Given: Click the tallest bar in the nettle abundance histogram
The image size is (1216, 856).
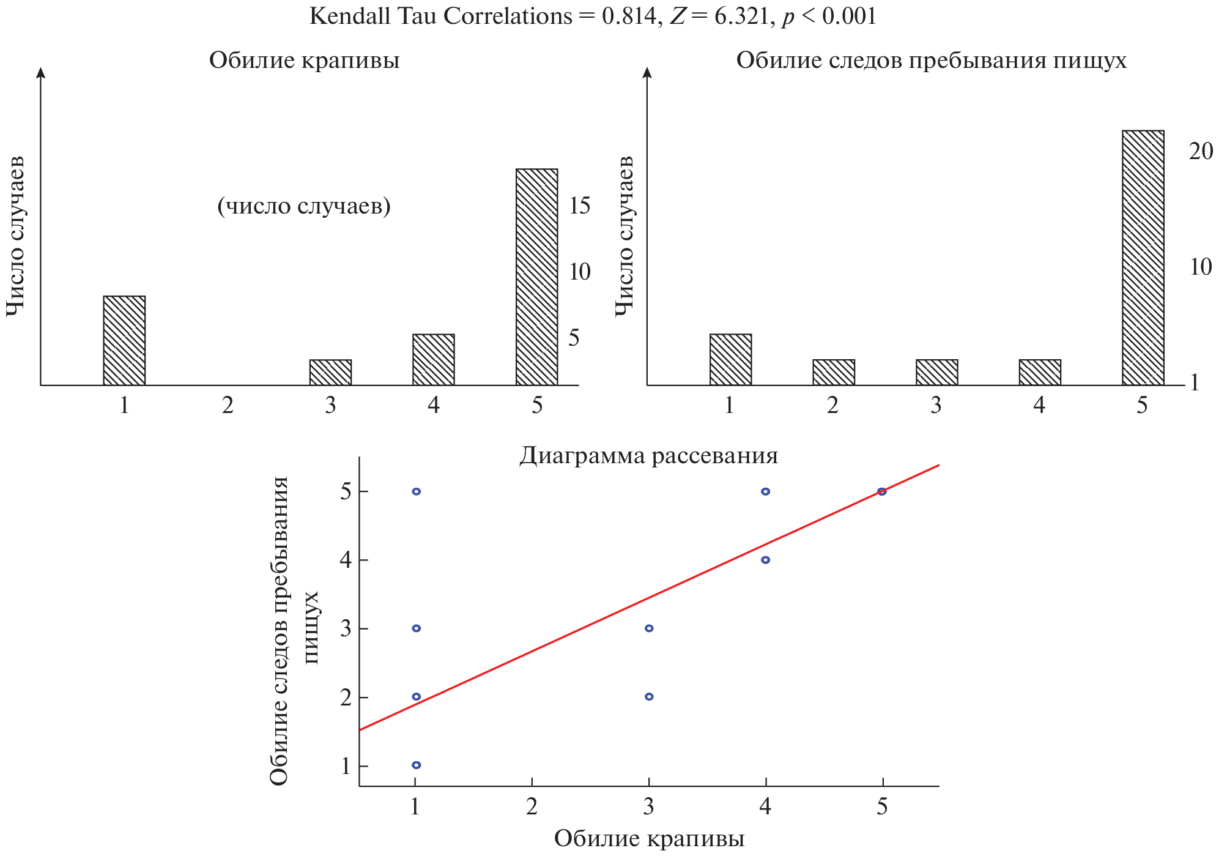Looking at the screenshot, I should [536, 277].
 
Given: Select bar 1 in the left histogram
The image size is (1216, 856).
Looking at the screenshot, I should [124, 340].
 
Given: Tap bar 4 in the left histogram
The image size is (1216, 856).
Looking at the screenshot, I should [433, 359].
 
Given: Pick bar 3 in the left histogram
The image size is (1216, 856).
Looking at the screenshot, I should [330, 372].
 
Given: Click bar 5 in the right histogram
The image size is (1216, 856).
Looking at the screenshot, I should [1143, 258].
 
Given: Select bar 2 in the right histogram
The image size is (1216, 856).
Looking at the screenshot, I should [833, 372].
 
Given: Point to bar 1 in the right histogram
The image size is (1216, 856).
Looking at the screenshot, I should [730, 359].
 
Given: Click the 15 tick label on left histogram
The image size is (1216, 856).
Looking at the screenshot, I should [579, 206].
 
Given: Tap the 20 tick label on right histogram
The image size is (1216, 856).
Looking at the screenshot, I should [1200, 151].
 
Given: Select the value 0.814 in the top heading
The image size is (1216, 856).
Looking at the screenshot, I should [629, 16].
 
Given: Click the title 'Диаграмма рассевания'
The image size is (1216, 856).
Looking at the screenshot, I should [648, 456].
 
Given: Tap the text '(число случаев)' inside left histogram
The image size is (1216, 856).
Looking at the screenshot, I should [304, 206].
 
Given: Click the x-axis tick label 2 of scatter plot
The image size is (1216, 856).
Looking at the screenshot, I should [532, 807].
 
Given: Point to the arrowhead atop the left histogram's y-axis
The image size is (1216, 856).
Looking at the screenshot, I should [41, 72].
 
